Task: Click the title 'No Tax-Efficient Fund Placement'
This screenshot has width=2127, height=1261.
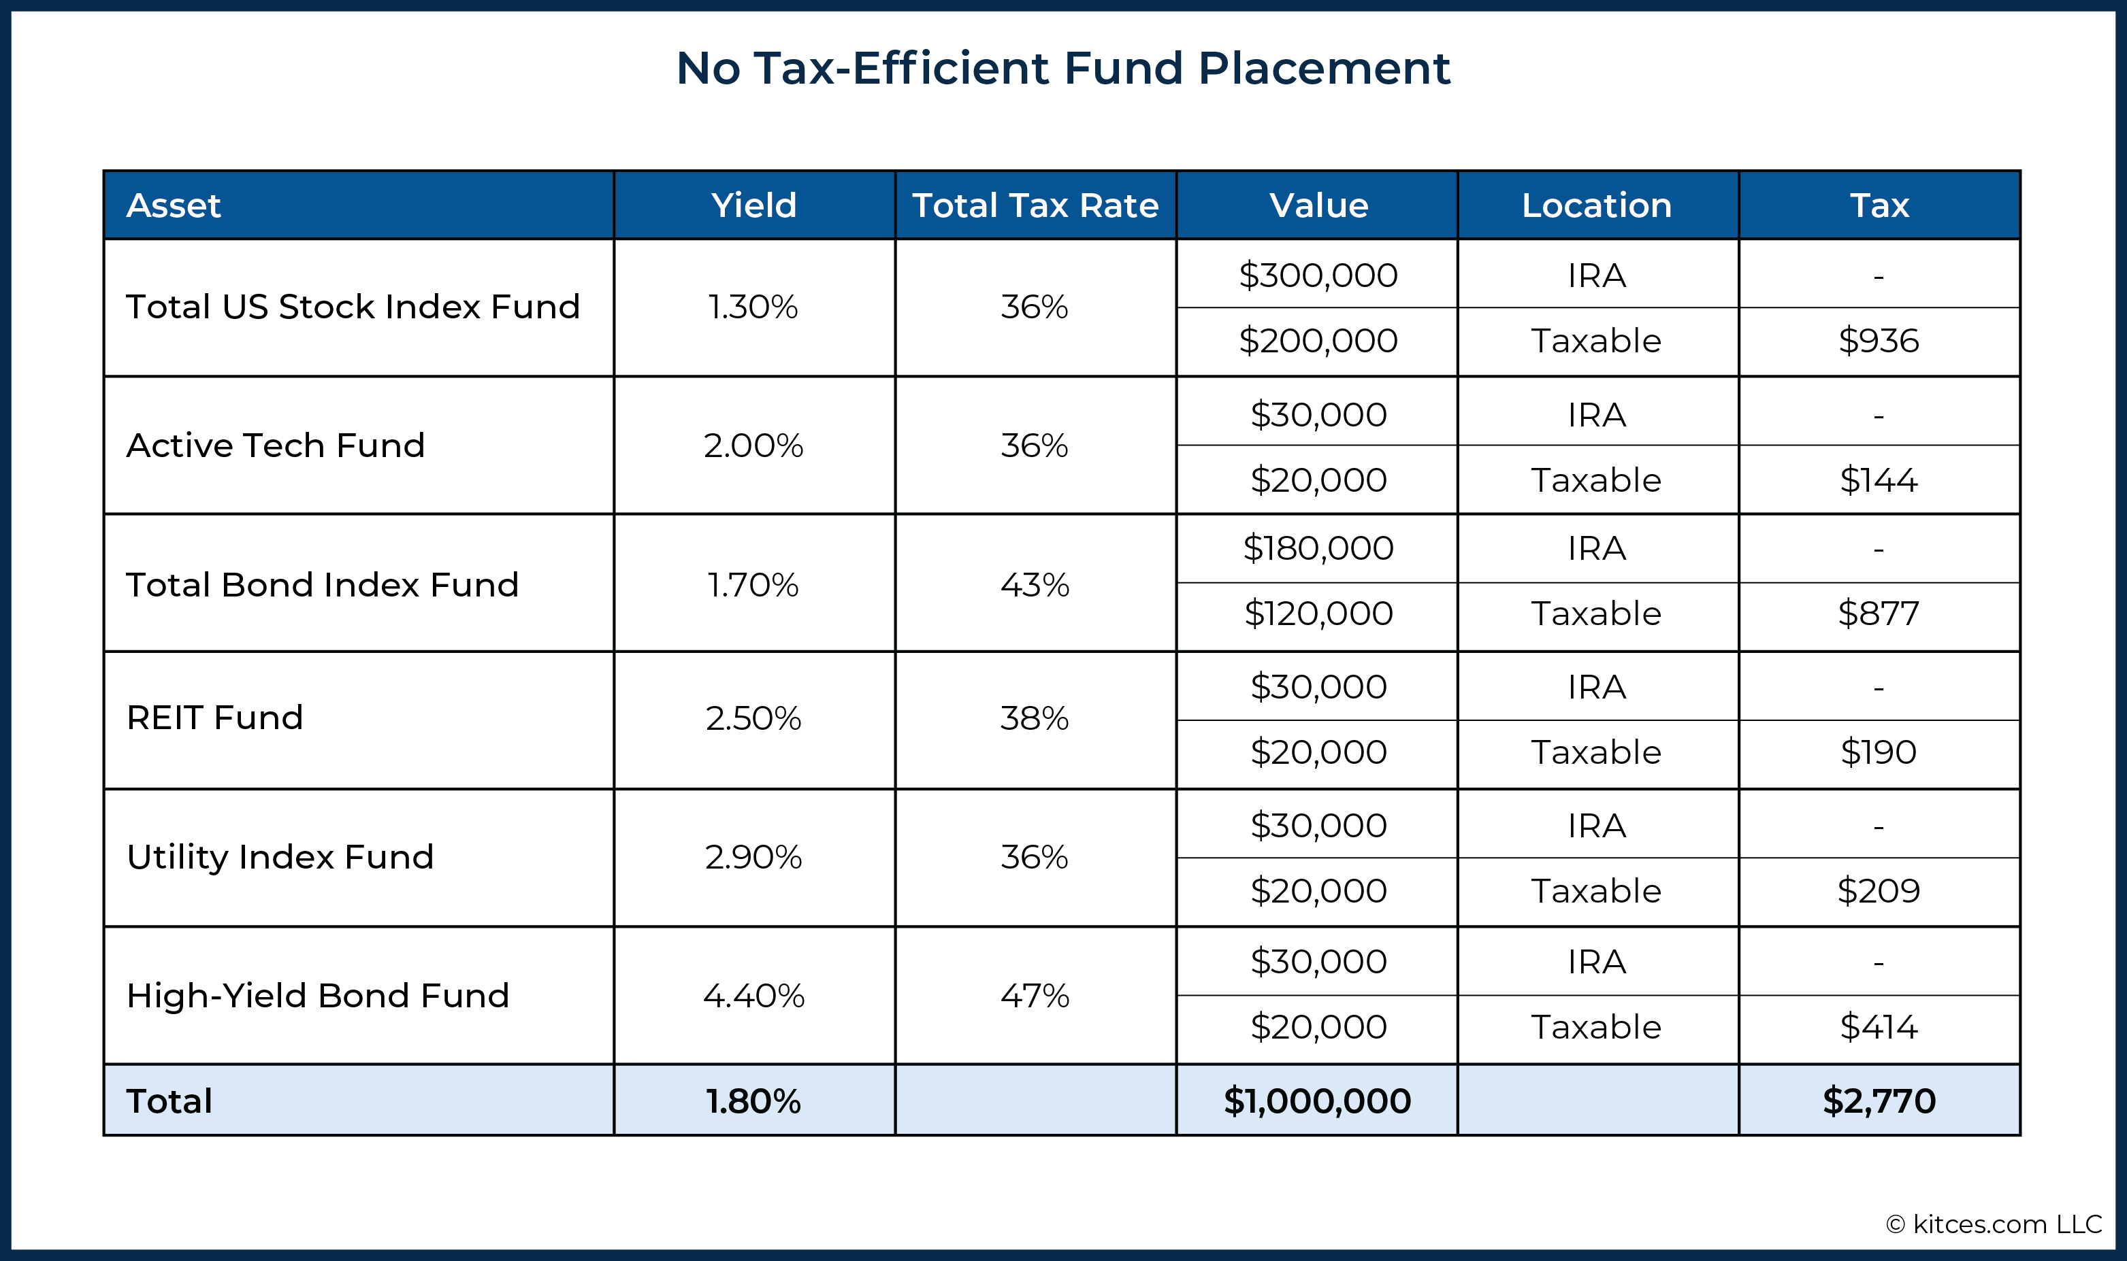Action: pos(1062,68)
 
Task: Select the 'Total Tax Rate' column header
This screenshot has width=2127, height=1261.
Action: pos(1035,205)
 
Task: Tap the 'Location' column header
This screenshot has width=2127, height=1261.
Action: pos(1597,205)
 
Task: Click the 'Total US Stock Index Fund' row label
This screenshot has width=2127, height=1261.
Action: pos(353,307)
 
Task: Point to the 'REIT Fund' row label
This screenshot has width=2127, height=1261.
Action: pos(215,718)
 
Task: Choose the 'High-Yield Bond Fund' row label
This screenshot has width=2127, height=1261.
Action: pos(318,995)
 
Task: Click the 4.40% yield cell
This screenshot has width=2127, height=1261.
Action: pos(753,995)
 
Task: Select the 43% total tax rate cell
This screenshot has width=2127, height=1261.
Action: pos(1035,585)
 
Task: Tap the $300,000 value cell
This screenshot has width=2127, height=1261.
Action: pos(1318,275)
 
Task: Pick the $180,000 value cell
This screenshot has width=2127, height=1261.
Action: pos(1318,548)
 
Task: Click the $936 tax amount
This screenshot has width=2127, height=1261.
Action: pos(1879,341)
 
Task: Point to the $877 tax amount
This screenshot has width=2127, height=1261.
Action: pos(1879,613)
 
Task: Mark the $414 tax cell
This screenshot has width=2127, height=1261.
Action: pos(1879,1027)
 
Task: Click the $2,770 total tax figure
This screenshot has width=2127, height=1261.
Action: pos(1879,1101)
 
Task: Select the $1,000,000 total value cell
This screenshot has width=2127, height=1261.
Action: pos(1318,1101)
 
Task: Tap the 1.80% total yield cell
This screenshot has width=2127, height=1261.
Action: pos(753,1101)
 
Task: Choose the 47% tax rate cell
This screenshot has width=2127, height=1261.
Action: pos(1035,995)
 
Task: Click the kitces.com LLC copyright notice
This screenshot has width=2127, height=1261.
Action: pos(1994,1224)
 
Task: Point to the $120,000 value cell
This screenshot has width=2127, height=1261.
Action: pos(1318,613)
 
